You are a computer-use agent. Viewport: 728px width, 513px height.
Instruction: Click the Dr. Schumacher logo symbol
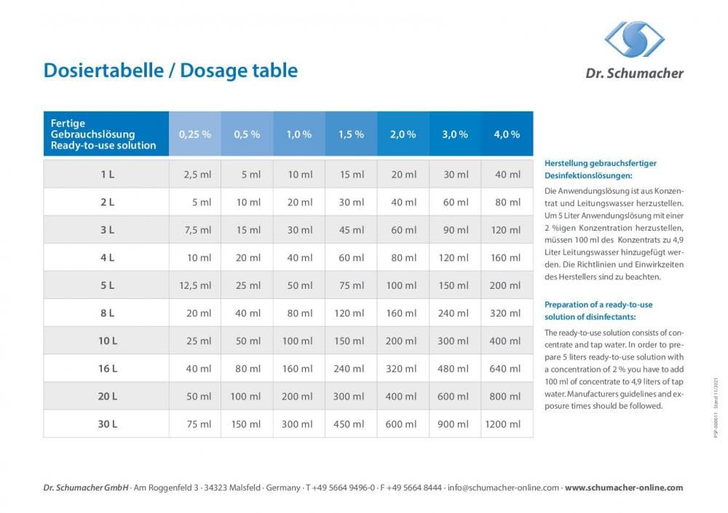pos(634,39)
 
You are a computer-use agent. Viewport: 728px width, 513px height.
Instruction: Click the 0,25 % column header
pos(194,134)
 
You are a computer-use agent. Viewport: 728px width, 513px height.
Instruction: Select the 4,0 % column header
pos(507,134)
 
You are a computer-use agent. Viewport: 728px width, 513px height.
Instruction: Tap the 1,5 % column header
pos(351,134)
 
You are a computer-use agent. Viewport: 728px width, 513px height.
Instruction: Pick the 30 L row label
pos(107,424)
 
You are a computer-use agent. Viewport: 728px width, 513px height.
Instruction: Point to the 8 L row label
pos(107,313)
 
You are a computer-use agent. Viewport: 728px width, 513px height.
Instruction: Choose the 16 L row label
pos(107,369)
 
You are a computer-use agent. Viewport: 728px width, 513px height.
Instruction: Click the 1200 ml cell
pos(504,424)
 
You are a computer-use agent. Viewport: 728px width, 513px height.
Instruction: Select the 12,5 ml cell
pos(194,285)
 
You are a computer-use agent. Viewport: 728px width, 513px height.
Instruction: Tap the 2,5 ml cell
pos(197,175)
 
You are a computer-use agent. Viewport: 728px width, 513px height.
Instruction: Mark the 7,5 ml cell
pos(197,230)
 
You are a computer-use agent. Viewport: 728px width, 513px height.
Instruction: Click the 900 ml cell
pos(455,424)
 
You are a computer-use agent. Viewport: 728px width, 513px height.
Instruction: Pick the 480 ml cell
pos(455,369)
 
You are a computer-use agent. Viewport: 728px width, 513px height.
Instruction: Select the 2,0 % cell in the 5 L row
pos(402,285)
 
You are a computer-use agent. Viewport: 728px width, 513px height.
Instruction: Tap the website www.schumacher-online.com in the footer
pos(624,488)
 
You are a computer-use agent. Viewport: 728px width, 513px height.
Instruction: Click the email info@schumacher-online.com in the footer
pos(503,488)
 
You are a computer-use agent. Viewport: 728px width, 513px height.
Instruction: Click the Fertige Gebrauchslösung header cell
pos(103,134)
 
